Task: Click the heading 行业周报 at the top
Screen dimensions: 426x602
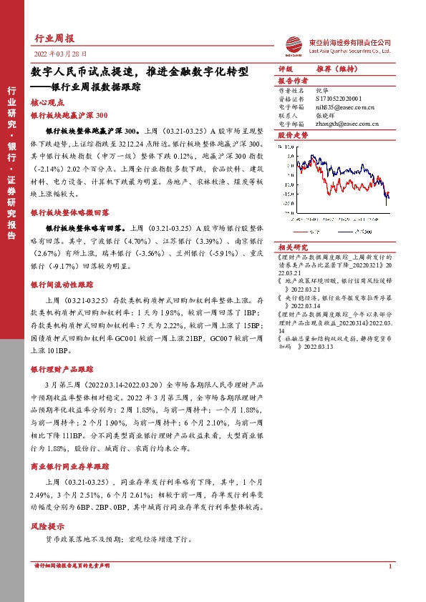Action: coord(54,38)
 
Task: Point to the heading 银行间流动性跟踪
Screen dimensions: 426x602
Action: coord(62,285)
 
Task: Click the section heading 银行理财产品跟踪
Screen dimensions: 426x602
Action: coord(62,369)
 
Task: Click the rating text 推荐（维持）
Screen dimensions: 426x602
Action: coord(335,69)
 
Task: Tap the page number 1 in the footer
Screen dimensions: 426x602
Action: coord(389,566)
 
